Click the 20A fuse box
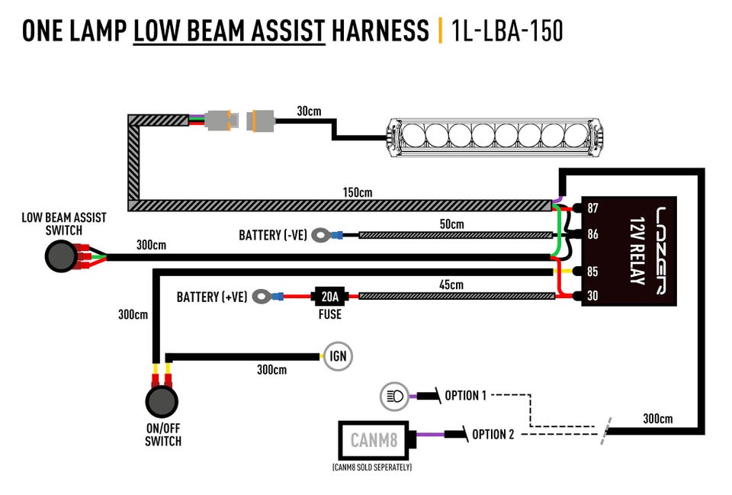point(330,295)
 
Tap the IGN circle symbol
point(338,356)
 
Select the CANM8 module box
point(373,439)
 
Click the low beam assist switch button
point(59,257)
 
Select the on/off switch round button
point(162,401)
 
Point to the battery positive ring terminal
point(263,295)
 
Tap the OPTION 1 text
point(465,396)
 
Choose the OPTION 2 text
point(493,434)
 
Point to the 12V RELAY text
point(634,250)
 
